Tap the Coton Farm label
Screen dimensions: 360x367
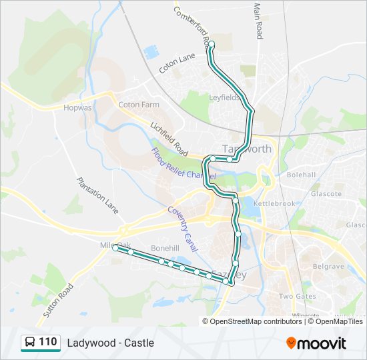[x=139, y=105]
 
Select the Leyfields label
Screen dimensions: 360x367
[x=224, y=97]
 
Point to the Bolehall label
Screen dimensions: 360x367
[x=301, y=175]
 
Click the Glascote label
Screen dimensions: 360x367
[x=326, y=194]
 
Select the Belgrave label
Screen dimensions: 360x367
[x=329, y=266]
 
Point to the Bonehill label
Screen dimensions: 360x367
[x=165, y=247]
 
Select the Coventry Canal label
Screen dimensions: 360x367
[x=183, y=228]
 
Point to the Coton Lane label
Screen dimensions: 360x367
[x=177, y=64]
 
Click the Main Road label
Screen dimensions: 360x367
[x=258, y=21]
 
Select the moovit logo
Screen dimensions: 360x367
[x=316, y=343]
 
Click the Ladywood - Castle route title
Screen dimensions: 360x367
[x=110, y=343]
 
